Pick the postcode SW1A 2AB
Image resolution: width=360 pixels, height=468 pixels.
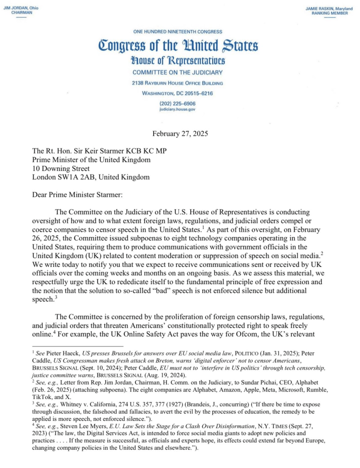pyautogui.click(x=76, y=178)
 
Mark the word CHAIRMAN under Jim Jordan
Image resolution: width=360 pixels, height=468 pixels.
pyautogui.click(x=19, y=13)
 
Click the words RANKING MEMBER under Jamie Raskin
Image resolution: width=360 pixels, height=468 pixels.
pyautogui.click(x=327, y=13)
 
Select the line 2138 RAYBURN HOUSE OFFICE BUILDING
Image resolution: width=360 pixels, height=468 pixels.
pyautogui.click(x=178, y=83)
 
